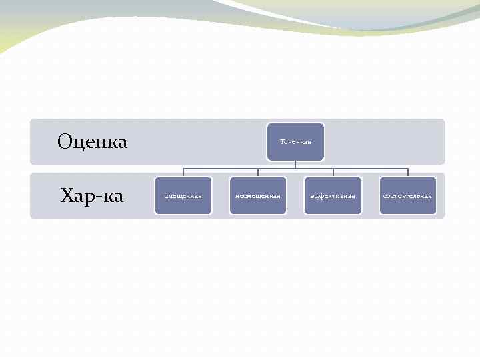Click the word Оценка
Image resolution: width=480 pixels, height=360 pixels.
click(x=92, y=141)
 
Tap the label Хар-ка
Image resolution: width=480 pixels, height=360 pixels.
click(x=92, y=196)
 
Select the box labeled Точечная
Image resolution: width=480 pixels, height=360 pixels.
click(x=295, y=141)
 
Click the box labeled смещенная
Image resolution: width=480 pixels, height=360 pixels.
click(x=183, y=196)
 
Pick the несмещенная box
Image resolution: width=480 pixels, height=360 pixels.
click(x=258, y=196)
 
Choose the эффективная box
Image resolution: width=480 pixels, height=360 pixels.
click(x=333, y=196)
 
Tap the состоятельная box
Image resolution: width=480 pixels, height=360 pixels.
click(x=407, y=196)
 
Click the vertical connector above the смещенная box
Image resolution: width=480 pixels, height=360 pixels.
click(x=183, y=173)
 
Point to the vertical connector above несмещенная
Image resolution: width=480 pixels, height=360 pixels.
click(x=258, y=173)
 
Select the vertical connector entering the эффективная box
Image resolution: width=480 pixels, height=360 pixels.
click(x=333, y=173)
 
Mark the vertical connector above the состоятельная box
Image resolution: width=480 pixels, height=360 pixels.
click(x=407, y=173)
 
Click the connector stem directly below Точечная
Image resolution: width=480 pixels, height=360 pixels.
click(x=295, y=165)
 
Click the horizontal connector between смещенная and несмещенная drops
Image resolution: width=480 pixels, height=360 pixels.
click(x=221, y=169)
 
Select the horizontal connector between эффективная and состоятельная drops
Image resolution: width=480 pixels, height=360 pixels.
click(x=370, y=169)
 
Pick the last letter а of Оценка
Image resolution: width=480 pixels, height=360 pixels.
click(x=121, y=143)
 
